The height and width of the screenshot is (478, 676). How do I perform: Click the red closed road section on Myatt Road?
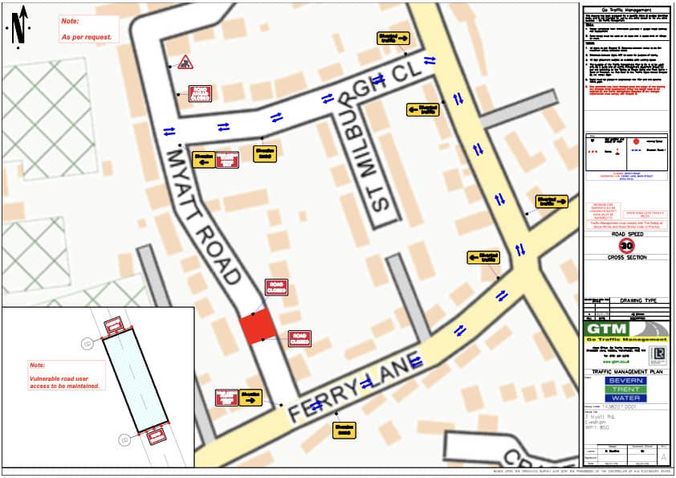[x=258, y=329]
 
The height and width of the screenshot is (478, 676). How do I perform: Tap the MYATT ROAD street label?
[x=204, y=215]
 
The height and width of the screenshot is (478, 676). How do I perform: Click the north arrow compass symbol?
[x=19, y=25]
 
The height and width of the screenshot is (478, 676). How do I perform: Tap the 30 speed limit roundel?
[x=626, y=246]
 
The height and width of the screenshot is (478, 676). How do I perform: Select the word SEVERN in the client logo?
[x=625, y=381]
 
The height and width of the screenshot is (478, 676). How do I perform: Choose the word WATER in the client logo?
[x=625, y=398]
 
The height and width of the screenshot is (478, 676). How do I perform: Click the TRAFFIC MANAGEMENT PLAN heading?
[x=625, y=371]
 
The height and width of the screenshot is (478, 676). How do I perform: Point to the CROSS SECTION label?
[x=625, y=258]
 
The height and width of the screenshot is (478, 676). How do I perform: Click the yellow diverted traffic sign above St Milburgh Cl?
[x=394, y=38]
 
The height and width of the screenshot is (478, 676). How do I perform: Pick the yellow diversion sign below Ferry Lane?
[x=344, y=430]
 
